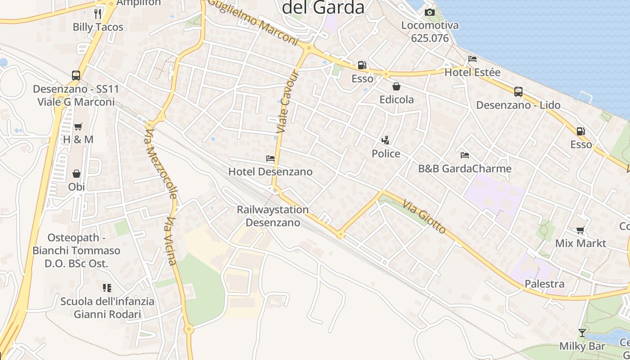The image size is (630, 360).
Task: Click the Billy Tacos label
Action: click(x=98, y=27)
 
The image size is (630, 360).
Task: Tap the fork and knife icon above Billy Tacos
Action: click(x=98, y=13)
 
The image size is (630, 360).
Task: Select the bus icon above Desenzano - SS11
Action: click(x=76, y=75)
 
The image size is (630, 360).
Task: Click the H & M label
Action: click(x=78, y=139)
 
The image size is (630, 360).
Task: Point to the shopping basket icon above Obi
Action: click(x=76, y=174)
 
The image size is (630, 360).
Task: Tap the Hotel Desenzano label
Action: click(x=270, y=171)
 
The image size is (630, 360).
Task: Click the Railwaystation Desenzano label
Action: click(x=273, y=216)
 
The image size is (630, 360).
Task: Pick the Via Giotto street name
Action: click(x=424, y=217)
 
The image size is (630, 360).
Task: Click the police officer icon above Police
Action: click(x=385, y=141)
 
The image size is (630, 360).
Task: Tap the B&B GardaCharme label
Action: click(x=465, y=169)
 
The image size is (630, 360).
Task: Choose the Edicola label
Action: click(x=396, y=99)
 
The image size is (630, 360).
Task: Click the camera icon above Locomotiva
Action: click(x=430, y=12)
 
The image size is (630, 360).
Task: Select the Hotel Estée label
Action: click(x=472, y=72)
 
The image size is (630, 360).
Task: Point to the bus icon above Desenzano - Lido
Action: click(x=518, y=92)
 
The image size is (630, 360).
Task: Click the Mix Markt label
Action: click(x=580, y=243)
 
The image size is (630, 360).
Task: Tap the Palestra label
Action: click(x=544, y=284)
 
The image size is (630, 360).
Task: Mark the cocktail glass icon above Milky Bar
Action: click(x=582, y=333)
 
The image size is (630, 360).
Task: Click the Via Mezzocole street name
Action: click(x=161, y=164)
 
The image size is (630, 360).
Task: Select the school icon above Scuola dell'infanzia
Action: click(x=107, y=288)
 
